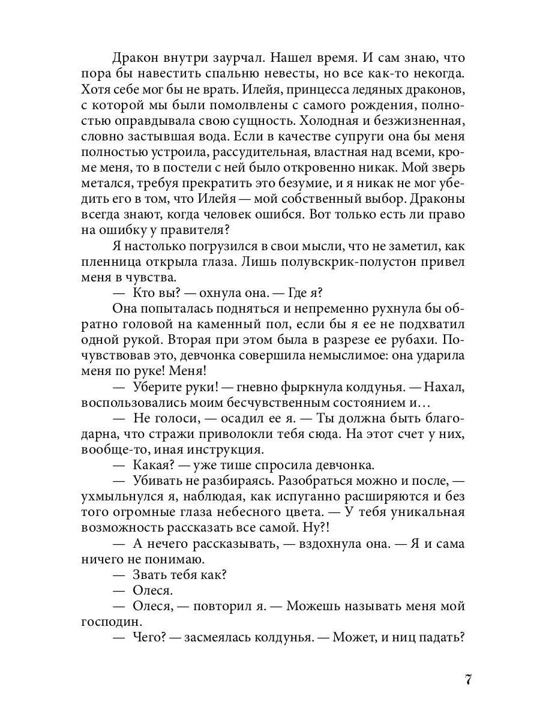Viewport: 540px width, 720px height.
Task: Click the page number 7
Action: (x=469, y=680)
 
